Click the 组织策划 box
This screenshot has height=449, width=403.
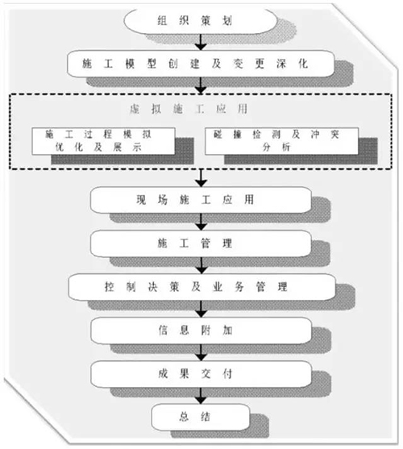[201, 21]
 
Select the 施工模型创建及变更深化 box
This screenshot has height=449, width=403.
[201, 64]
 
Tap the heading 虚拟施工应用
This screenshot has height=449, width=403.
[189, 109]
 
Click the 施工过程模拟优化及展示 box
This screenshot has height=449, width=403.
[103, 141]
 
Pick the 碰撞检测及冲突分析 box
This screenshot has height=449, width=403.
[281, 141]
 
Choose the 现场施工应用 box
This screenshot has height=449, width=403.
[201, 200]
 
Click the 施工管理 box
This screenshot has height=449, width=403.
[201, 243]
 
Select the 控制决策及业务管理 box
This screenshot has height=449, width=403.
[201, 287]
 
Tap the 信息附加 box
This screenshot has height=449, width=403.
[201, 331]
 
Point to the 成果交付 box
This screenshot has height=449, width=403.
[201, 374]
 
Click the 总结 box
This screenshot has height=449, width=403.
[201, 417]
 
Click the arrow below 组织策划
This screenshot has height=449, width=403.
[201, 43]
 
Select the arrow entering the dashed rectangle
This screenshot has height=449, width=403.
[201, 85]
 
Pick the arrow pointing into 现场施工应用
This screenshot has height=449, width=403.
[201, 178]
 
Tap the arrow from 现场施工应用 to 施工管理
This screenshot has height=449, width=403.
[201, 222]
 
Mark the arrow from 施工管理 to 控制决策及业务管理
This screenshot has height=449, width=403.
[201, 265]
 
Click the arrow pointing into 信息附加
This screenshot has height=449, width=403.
[201, 309]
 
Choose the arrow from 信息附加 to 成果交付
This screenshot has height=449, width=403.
[201, 352]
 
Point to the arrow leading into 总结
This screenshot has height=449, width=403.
[201, 396]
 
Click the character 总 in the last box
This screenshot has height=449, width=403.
[184, 417]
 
